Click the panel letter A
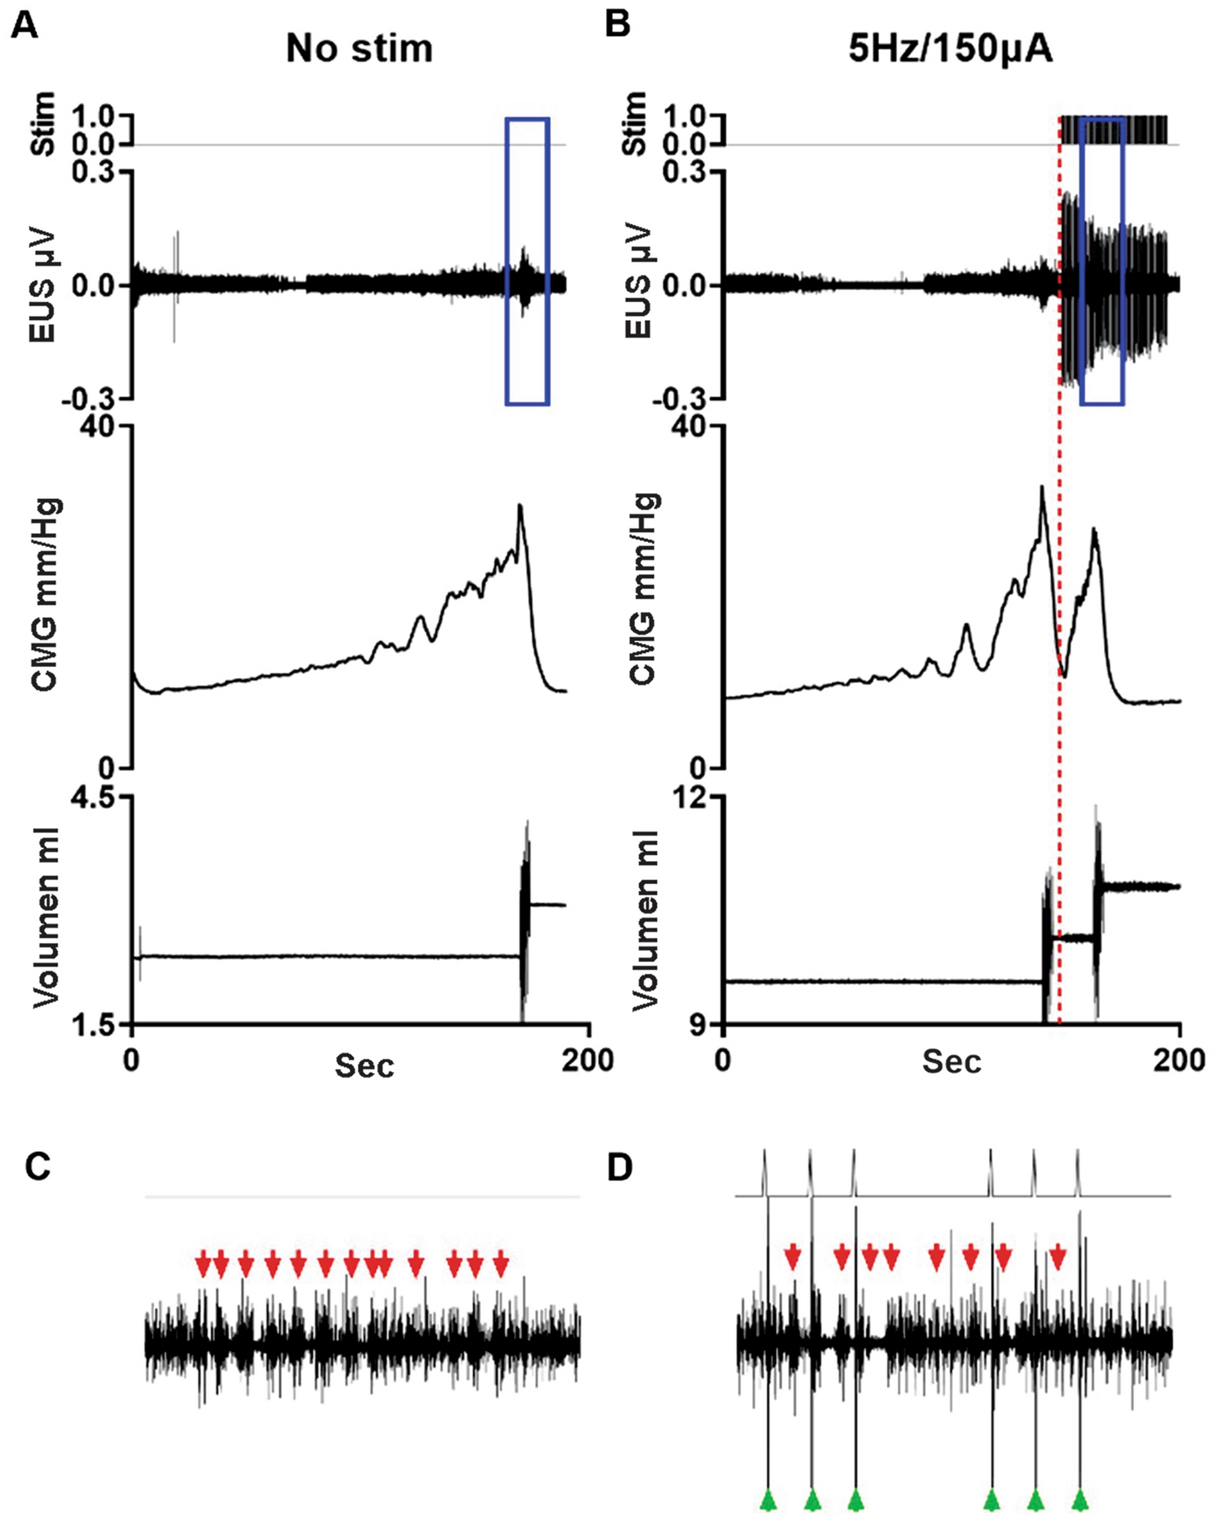click(x=25, y=26)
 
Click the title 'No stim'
click(x=359, y=49)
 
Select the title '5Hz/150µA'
click(x=950, y=49)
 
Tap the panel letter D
click(x=619, y=1167)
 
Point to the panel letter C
click(x=38, y=1167)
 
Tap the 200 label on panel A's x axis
click(x=588, y=1060)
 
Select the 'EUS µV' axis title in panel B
click(x=640, y=284)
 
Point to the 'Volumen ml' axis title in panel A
click(x=45, y=917)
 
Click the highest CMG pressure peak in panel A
click(x=519, y=506)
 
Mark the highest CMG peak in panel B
click(x=1042, y=488)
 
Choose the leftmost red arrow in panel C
click(x=203, y=1262)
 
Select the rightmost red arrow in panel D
click(x=1058, y=1257)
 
